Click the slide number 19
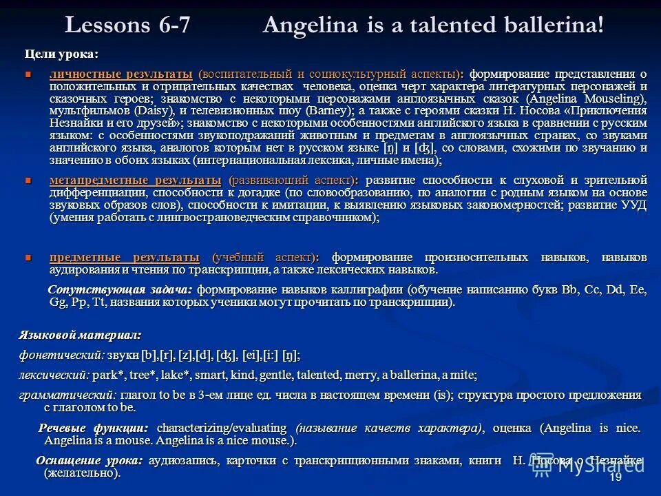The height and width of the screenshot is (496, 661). [616, 477]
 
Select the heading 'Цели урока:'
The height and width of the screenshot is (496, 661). [61, 54]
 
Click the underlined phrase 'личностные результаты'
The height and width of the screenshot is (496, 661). [120, 74]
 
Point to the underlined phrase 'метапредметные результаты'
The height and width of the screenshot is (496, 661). [135, 180]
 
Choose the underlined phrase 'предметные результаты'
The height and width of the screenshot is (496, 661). [125, 257]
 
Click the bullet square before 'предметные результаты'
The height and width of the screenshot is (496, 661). [28, 258]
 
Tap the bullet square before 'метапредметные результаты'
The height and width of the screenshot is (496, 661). [28, 180]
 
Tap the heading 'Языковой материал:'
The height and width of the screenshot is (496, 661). [80, 335]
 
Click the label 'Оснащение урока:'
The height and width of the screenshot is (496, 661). [90, 461]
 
